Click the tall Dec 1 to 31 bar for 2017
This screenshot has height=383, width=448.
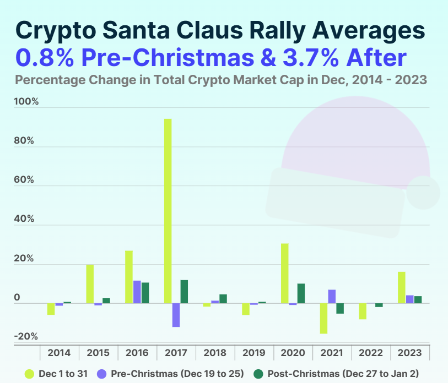coord(168,211)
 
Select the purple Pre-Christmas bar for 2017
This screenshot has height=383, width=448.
coord(176,315)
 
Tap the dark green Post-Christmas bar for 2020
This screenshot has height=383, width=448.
coord(301,293)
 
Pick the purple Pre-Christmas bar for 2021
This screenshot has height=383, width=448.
coord(332,297)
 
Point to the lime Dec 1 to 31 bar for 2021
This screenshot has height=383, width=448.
coord(323,318)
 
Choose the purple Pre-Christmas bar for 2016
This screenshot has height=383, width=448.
coord(137,292)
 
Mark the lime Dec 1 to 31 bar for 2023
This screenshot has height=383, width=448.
coord(402,287)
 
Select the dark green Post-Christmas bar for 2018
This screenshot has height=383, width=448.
coord(223,299)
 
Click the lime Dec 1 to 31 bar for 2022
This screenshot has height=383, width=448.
coord(363,311)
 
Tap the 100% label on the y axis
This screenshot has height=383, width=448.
coord(27,102)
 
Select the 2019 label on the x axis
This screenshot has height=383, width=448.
coord(254,353)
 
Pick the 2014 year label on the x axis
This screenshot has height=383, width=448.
coord(59,353)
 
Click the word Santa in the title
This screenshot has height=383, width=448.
coord(141,30)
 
